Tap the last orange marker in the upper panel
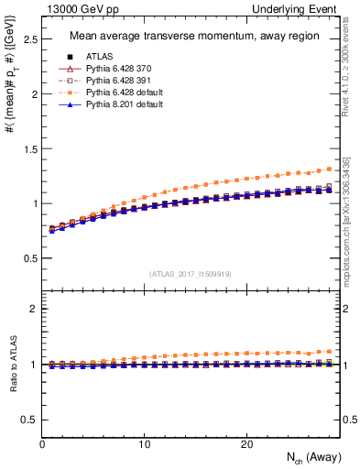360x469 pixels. [329, 169]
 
